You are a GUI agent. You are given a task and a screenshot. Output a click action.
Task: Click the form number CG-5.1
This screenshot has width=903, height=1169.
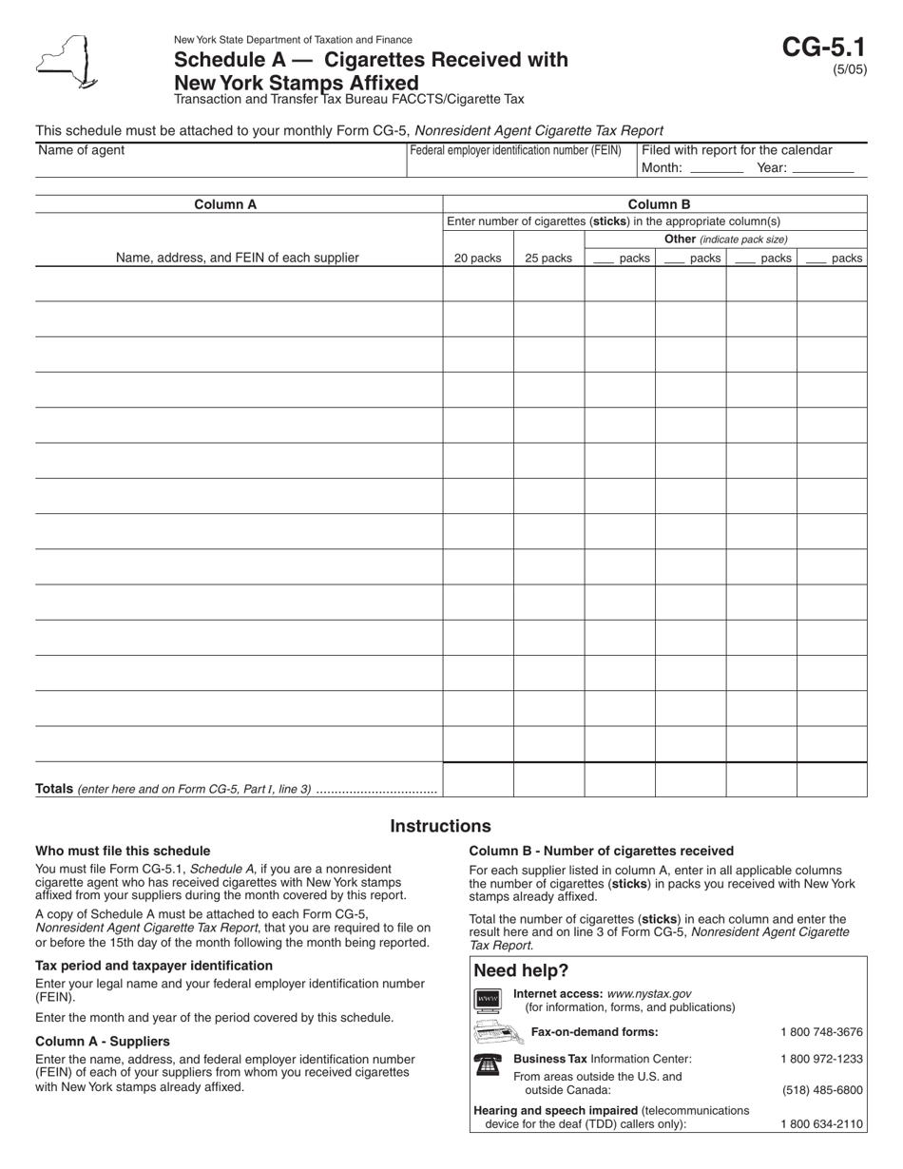[824, 48]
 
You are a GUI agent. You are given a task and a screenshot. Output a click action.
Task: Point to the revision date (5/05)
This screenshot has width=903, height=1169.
[850, 69]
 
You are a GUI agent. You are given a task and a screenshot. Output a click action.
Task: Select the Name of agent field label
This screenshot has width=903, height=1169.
[81, 150]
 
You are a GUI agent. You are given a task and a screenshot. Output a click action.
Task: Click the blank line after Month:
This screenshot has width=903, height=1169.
[717, 169]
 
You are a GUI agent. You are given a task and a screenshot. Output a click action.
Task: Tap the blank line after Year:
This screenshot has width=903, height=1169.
[822, 169]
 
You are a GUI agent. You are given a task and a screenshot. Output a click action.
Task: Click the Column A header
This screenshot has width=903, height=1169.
[225, 204]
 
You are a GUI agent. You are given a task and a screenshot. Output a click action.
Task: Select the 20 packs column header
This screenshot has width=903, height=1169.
[477, 258]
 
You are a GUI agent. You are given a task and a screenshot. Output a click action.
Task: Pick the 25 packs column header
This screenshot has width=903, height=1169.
[548, 258]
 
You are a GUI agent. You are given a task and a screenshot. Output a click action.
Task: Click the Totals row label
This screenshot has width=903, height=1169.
[55, 788]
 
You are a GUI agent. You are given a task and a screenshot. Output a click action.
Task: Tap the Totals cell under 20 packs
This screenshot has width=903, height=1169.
[478, 779]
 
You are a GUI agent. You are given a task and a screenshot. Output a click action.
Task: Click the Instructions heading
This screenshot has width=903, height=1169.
[440, 826]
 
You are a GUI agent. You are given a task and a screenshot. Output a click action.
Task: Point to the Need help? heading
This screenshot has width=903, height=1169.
[521, 970]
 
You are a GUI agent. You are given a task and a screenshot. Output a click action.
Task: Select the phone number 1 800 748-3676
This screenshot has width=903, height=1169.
[821, 1032]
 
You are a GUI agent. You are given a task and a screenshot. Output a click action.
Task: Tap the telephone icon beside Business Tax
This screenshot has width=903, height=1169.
[486, 1064]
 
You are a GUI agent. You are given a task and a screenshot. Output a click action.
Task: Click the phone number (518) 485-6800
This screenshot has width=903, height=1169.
[821, 1090]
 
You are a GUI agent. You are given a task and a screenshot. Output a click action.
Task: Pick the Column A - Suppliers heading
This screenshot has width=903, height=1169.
[103, 1041]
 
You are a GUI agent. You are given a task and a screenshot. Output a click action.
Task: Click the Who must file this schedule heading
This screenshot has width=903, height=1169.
[123, 851]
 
